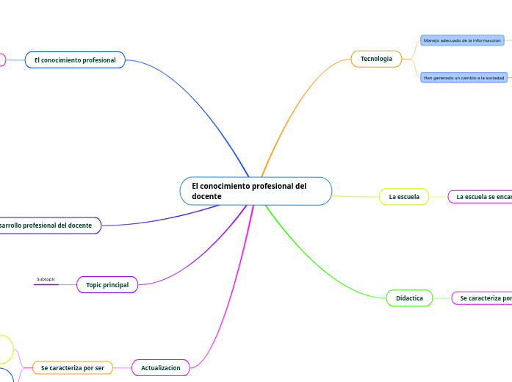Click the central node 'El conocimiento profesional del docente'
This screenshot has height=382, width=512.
pos(256,191)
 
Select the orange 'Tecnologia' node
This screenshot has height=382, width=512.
pos(376,59)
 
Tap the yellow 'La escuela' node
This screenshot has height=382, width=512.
pos(404,197)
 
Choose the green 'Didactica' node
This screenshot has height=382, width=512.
pos(409,298)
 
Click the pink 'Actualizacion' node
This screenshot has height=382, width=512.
pos(161,367)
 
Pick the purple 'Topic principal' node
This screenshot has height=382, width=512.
pos(107,285)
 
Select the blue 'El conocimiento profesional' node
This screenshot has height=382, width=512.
pos(75,60)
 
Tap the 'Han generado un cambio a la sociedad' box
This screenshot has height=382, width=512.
pos(464,77)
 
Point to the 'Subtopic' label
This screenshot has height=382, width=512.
pos(46,279)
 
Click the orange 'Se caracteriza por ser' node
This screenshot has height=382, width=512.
pos(72,367)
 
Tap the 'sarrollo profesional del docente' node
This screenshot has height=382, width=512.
pos(48,226)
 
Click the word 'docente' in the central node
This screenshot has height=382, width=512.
pos(206,197)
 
